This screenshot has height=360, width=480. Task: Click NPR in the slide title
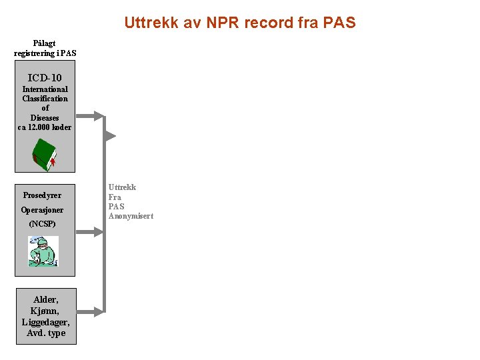(220, 23)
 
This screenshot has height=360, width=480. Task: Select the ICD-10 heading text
(45, 77)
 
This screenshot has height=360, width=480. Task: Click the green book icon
(45, 155)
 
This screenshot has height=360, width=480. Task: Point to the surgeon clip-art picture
(43, 251)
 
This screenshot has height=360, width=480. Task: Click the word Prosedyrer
(42, 195)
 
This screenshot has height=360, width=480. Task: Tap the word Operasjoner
(42, 210)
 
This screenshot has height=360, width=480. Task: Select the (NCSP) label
(42, 224)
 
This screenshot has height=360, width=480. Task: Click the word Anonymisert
(131, 216)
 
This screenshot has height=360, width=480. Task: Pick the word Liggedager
(45, 322)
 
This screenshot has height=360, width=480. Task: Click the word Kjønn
(45, 311)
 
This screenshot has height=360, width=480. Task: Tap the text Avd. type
(46, 333)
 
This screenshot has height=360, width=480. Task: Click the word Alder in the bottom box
(46, 300)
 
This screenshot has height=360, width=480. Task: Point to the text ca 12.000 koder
(45, 127)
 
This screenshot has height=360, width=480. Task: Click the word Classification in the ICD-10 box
(45, 99)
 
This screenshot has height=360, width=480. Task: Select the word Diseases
(45, 118)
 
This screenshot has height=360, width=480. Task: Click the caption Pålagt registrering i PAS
(45, 48)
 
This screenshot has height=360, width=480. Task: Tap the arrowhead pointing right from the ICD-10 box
(99, 116)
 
